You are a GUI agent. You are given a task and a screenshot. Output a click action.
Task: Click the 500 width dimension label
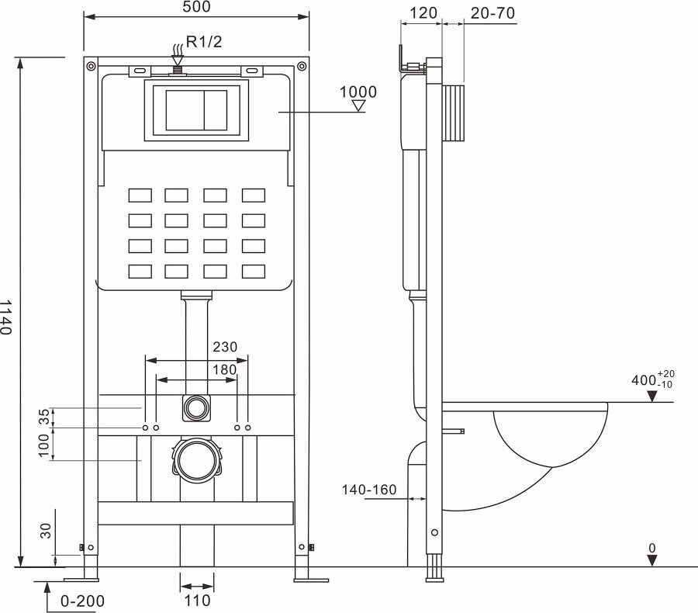pyautogui.click(x=195, y=7)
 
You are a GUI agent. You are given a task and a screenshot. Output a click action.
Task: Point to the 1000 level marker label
pyautogui.click(x=358, y=92)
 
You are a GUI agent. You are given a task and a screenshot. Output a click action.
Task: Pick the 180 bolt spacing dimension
pyautogui.click(x=224, y=369)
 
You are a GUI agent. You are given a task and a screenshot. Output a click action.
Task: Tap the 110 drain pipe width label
pyautogui.click(x=197, y=600)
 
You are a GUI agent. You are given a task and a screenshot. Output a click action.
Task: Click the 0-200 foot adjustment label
pyautogui.click(x=81, y=600)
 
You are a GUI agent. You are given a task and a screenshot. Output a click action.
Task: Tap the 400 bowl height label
pyautogui.click(x=645, y=381)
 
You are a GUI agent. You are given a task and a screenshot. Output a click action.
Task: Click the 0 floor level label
pyautogui.click(x=652, y=549)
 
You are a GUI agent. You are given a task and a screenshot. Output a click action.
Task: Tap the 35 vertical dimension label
pyautogui.click(x=44, y=417)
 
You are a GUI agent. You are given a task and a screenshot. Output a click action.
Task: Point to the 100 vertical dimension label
pyautogui.click(x=44, y=444)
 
